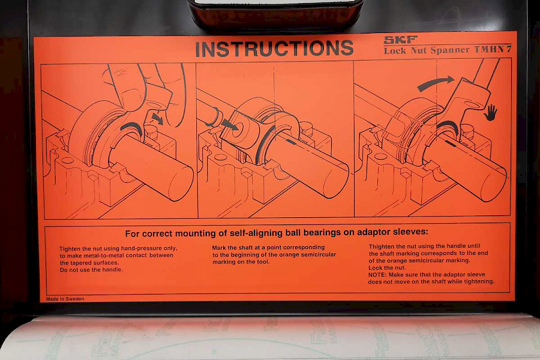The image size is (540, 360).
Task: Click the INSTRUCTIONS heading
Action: coord(274,49)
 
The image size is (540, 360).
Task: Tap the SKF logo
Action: coord(401,40)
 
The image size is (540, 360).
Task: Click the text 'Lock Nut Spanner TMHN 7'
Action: coord(448,50)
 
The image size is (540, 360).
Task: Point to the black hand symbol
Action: coord(490,113)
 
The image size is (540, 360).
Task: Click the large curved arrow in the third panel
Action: coord(436,83)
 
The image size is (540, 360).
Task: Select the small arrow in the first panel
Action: coord(157,119)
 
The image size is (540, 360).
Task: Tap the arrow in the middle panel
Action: coord(230,124)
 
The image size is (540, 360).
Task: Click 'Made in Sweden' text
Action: coord(65,299)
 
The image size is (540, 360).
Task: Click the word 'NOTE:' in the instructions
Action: coord(377,275)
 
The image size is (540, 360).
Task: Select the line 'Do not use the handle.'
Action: coord(91,270)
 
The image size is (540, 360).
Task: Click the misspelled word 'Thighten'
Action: coord(381,247)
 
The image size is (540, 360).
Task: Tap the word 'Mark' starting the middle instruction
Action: coord(219,247)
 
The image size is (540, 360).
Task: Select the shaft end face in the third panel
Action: coord(494,184)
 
